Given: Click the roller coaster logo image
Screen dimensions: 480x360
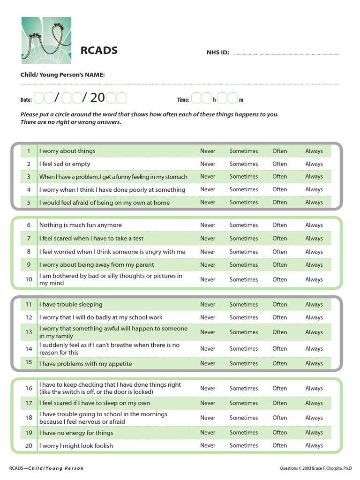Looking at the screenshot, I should pos(46,41).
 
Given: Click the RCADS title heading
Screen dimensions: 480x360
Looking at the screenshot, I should pos(99,51).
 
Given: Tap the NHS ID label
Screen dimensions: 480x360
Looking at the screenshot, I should pos(217,52).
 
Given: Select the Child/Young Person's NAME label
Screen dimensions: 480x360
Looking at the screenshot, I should pos(62,75).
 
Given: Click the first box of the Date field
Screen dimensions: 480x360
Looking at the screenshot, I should pos(39,98).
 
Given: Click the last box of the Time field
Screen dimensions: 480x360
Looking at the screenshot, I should pos(233,98).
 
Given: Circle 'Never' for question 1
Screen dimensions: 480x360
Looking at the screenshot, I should pos(208,151).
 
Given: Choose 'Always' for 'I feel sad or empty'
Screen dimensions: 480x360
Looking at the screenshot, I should pos(314,164).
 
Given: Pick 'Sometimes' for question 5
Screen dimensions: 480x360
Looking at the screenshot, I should pos(243,202).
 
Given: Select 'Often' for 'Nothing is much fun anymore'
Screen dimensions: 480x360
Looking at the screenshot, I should pos(279,225).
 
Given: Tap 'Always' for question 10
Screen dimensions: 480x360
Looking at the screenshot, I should pos(314,279).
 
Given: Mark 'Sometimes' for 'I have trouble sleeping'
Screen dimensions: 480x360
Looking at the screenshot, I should pos(243,304).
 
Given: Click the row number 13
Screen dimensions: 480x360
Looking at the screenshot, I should pos(29,332).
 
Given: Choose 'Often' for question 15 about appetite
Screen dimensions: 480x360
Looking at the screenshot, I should pos(279,363).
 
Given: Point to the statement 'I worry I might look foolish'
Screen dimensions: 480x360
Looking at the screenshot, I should pos(76,446).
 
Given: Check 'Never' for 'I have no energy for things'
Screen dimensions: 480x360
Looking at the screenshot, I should pos(208,433).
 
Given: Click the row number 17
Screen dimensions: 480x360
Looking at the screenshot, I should pos(29,403).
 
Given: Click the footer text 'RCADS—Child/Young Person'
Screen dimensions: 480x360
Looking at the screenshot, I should pos(46,468).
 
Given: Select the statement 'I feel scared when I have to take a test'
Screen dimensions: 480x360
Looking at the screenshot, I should pos(91,239).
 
